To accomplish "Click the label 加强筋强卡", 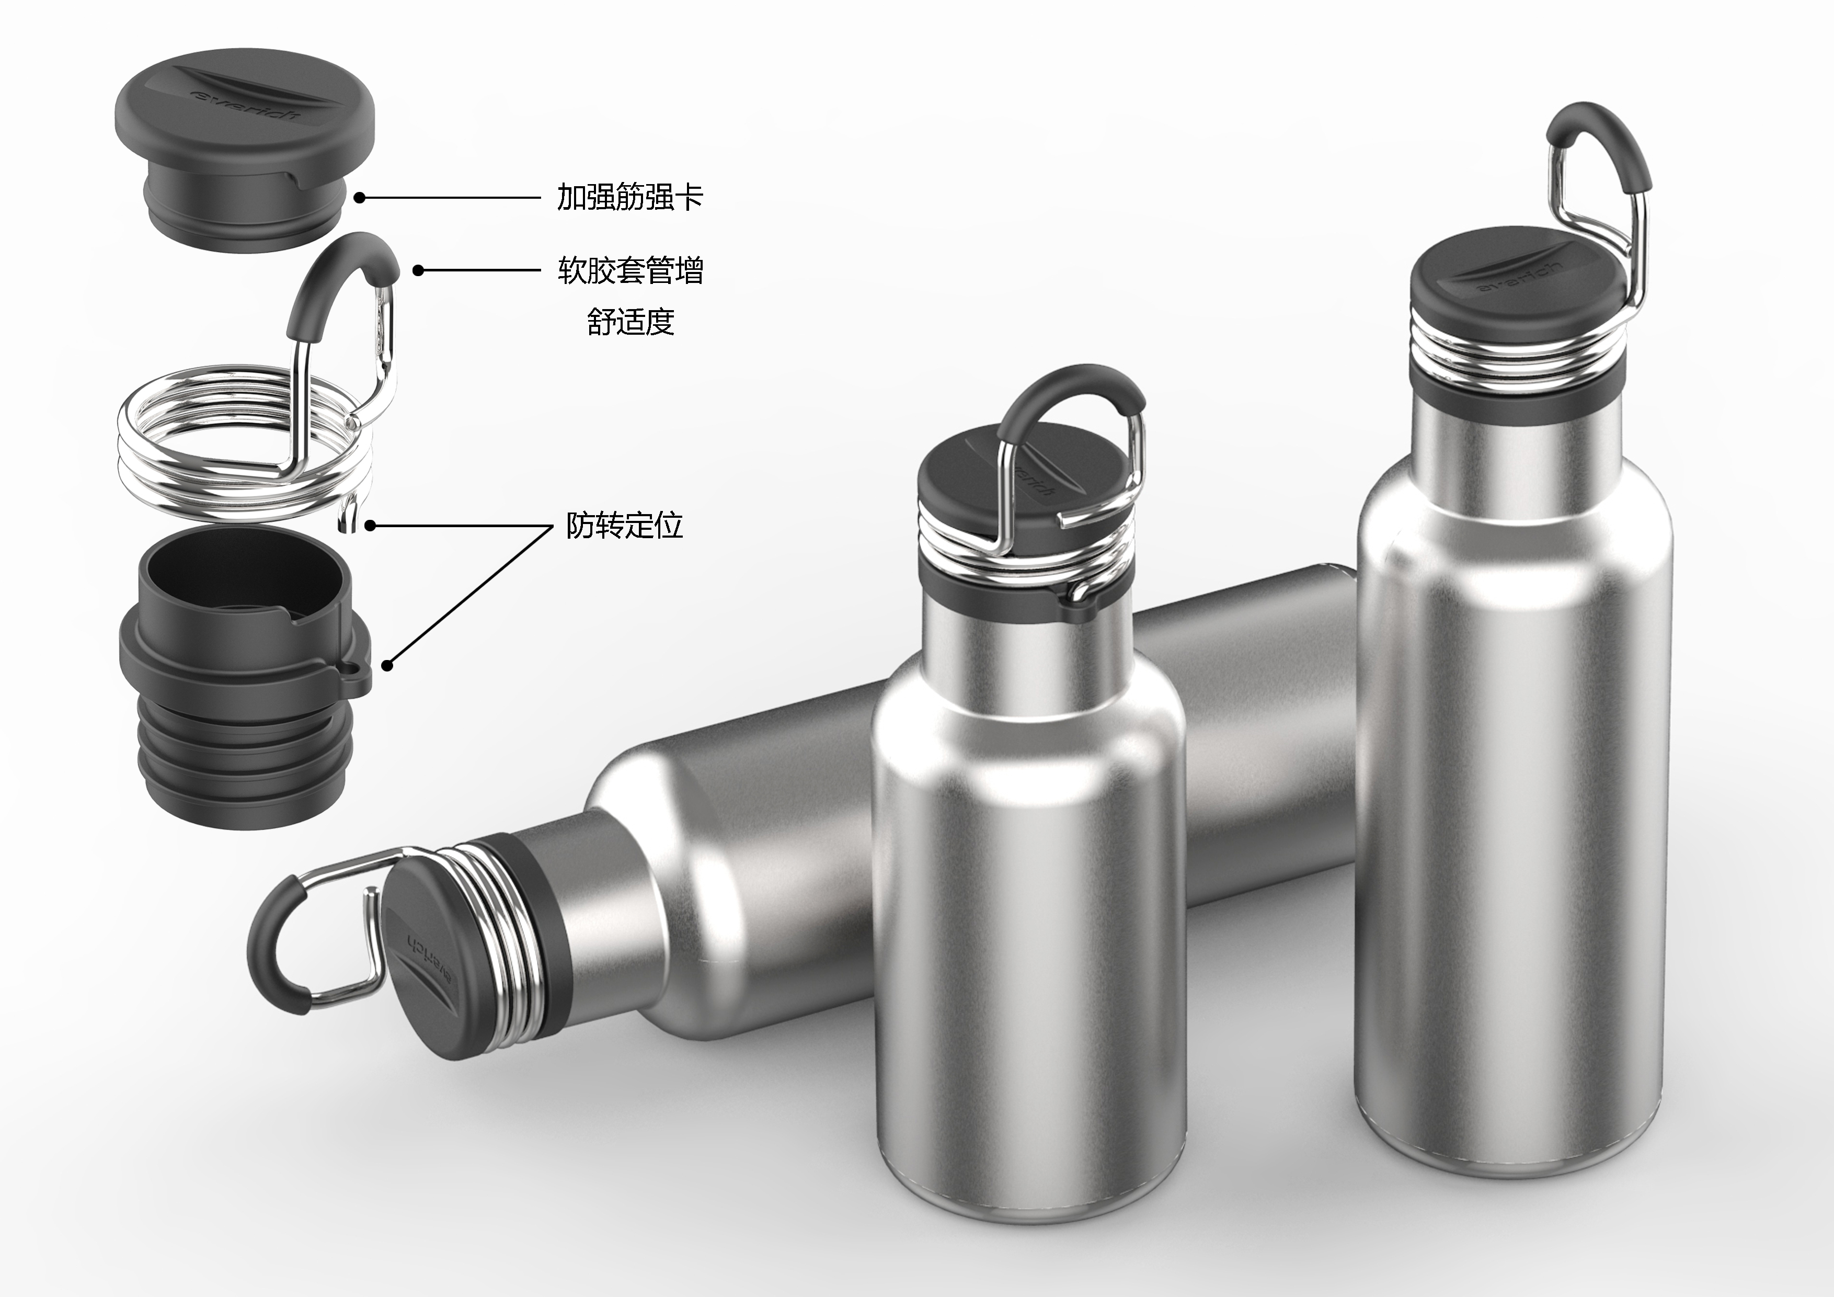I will [629, 197].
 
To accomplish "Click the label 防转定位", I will [624, 525].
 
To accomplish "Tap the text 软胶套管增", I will [630, 271].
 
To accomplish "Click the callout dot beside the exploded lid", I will [360, 197].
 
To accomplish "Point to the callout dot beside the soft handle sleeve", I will [418, 270].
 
